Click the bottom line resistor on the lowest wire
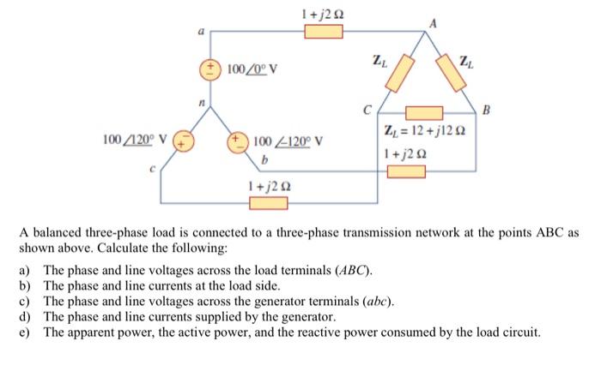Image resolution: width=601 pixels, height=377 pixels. [x=268, y=203]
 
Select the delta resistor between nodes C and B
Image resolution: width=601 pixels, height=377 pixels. [x=423, y=112]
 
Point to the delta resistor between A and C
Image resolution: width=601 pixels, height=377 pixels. [x=396, y=77]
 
